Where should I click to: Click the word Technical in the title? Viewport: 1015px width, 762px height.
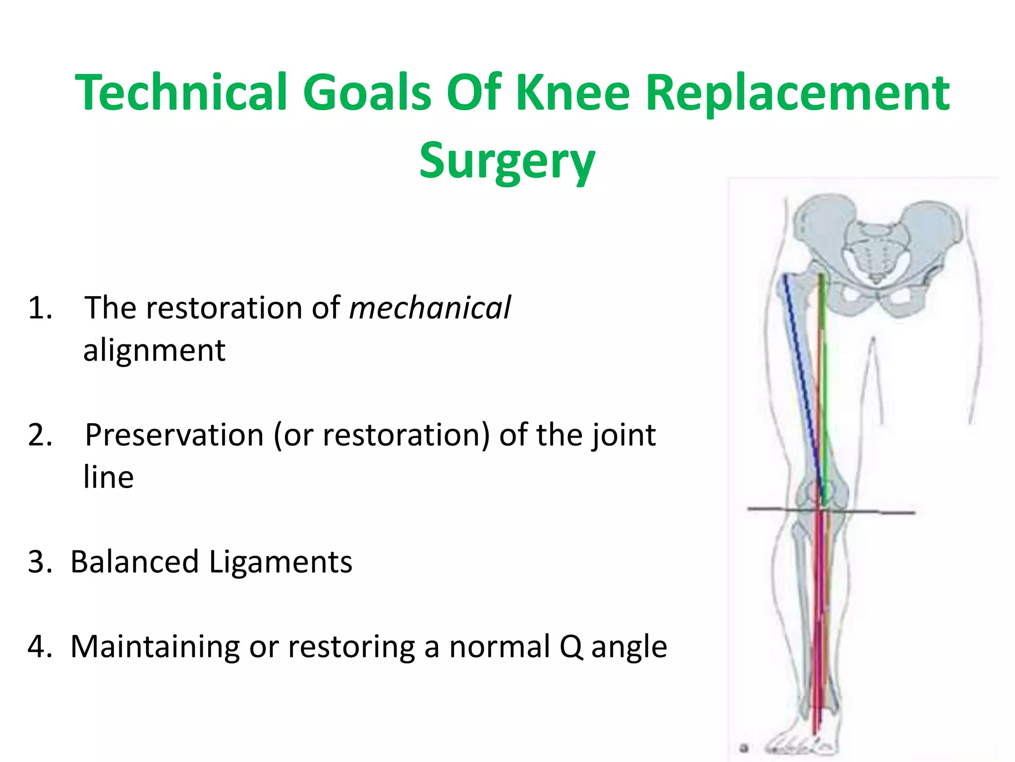click(181, 92)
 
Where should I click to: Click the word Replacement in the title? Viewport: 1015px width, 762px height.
click(797, 92)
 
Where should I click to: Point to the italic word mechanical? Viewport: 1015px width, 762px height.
click(430, 308)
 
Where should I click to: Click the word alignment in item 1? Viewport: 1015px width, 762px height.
click(154, 350)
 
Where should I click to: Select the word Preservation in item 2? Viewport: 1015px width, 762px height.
click(174, 436)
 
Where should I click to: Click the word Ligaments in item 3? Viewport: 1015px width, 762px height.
click(281, 563)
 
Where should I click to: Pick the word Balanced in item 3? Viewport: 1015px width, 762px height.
click(135, 563)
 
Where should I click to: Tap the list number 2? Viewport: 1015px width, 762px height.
click(40, 436)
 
